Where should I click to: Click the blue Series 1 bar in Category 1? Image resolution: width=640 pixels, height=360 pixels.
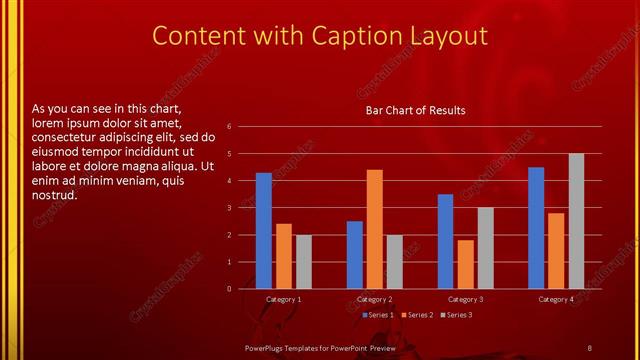click(264, 231)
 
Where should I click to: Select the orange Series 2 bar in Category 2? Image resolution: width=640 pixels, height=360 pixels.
click(374, 229)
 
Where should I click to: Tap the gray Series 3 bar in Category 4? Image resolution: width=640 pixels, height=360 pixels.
click(576, 221)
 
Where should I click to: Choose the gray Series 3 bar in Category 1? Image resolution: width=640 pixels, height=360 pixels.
click(303, 262)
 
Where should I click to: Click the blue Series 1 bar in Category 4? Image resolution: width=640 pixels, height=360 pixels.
click(536, 228)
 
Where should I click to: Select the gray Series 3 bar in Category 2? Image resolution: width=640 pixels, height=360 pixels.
click(394, 262)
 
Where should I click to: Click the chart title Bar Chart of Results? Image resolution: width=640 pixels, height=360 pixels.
click(415, 110)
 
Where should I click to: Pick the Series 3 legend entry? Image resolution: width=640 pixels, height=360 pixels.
click(457, 315)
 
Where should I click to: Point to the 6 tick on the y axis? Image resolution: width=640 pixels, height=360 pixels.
click(229, 127)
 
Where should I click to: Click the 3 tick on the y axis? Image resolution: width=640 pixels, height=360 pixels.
click(229, 208)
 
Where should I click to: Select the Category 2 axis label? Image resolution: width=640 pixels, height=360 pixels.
click(375, 299)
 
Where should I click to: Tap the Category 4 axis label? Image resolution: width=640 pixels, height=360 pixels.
click(556, 299)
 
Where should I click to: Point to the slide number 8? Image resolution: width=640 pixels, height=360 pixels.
click(589, 347)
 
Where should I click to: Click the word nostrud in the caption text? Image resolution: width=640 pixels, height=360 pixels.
click(56, 195)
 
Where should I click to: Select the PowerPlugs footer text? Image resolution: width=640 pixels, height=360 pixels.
click(306, 347)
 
